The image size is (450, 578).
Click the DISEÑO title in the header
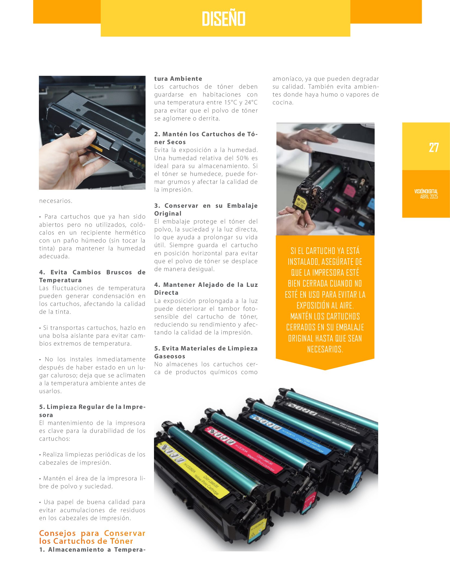[224, 18]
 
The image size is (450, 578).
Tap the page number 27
[434, 148]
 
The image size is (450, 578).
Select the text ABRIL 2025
[429, 197]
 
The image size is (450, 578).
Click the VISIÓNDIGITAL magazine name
[426, 191]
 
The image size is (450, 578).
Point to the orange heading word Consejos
[57, 533]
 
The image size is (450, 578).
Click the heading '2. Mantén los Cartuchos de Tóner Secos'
[206, 138]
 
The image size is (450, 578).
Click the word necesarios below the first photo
[56, 201]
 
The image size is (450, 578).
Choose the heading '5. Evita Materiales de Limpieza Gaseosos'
[206, 352]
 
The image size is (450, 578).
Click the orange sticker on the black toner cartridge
[95, 147]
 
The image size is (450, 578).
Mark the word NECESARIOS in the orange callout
[325, 349]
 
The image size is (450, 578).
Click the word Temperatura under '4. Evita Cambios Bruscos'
[60, 280]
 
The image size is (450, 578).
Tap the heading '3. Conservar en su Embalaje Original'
[206, 210]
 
